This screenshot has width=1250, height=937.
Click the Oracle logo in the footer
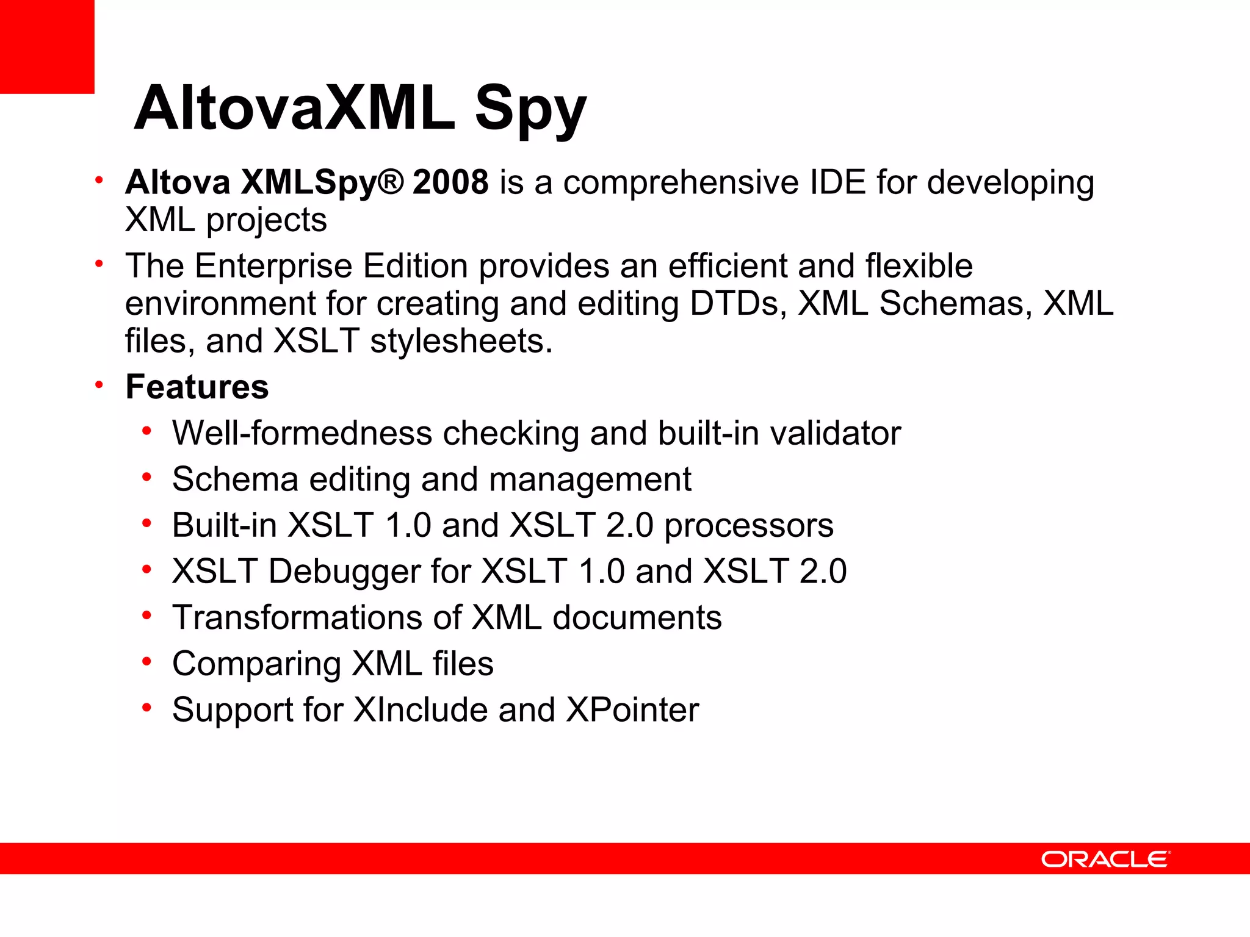point(1105,859)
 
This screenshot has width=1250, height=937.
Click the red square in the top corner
point(47,46)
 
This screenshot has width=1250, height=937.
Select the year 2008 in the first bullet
point(450,182)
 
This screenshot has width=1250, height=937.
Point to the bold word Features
point(197,387)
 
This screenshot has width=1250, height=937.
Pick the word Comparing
point(256,664)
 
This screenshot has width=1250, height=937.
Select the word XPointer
point(632,710)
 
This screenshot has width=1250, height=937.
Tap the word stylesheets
point(461,341)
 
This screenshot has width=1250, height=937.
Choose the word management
point(590,479)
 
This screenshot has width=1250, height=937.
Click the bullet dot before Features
point(99,386)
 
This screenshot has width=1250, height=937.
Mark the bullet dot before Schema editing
point(146,478)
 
